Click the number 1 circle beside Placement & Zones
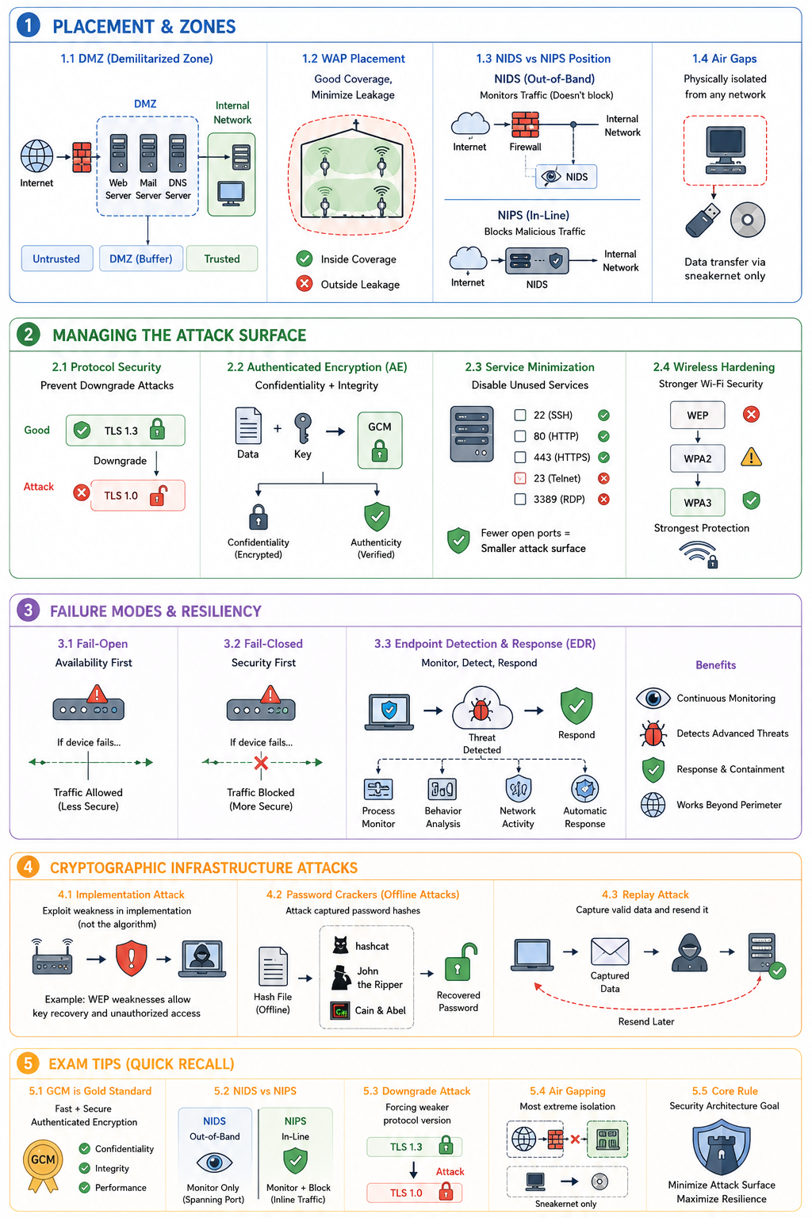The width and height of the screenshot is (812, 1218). pos(29,25)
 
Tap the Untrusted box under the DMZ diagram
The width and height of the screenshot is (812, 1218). pos(56,259)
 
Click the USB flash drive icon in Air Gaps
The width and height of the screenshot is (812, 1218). pos(703,220)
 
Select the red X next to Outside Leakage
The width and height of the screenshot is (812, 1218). pos(304,284)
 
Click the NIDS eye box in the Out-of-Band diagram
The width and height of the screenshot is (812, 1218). pos(565,177)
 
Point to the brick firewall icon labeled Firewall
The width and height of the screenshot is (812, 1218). pos(525,124)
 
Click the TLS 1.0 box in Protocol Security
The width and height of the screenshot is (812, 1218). pos(138,496)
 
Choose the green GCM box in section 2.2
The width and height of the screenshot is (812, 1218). pos(380,440)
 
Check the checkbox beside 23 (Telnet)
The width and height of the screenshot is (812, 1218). pos(520,478)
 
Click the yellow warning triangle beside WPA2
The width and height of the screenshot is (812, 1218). pos(751,458)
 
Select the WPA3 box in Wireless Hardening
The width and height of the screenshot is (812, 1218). pos(697,503)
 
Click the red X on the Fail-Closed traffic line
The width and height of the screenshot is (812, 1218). pos(261,762)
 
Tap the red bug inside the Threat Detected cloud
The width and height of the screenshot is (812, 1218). pos(481,710)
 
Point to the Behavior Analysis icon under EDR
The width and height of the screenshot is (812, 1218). pos(442,788)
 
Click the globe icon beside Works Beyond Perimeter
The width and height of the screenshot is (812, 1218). pos(653,805)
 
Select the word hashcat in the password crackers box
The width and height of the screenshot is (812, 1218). pos(372,946)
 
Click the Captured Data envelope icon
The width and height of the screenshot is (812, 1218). pos(610,952)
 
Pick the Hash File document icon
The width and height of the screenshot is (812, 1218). pos(273,967)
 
